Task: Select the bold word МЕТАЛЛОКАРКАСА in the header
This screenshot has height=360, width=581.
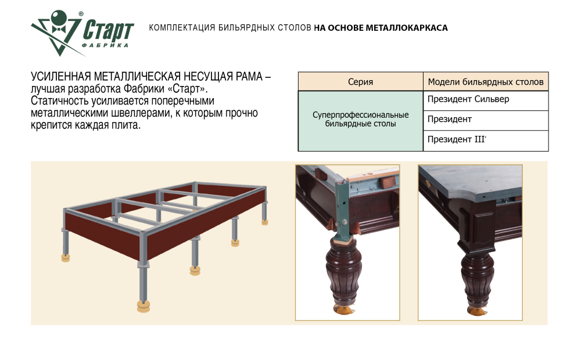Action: coord(409,27)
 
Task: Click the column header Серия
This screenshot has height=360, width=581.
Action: coord(360,82)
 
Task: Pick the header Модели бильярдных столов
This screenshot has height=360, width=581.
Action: coord(486,82)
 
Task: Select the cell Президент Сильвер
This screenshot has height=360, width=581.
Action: coord(468,99)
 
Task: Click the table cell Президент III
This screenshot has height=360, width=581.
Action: coord(460,139)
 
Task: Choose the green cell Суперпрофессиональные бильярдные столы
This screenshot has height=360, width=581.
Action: coord(360,120)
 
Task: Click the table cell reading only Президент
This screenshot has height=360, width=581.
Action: coord(450,120)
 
